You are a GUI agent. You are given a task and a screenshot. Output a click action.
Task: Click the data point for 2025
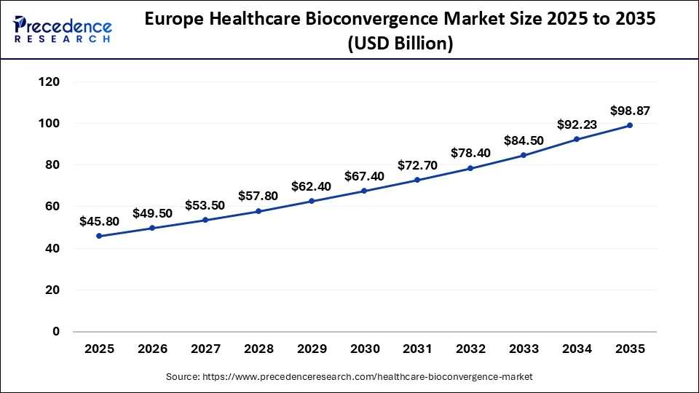pos(99,236)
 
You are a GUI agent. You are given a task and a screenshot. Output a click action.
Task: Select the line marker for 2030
pos(364,191)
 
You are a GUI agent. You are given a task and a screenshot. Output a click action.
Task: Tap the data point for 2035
pos(630,125)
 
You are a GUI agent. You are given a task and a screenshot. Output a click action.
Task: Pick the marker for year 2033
pos(524,155)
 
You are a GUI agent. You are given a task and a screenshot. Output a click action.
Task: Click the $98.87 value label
pos(630,111)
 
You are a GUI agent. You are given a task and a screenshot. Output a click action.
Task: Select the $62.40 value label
pos(311,186)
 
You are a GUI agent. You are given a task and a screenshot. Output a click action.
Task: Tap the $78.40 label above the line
pos(470,153)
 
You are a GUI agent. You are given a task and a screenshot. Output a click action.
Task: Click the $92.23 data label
pos(577,124)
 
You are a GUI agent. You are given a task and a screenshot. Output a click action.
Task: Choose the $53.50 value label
pos(205,205)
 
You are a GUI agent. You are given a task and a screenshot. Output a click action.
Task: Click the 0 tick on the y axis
pos(56,332)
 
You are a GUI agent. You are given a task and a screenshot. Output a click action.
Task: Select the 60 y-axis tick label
pos(51,207)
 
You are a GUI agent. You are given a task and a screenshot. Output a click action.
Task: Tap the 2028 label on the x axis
pos(258,349)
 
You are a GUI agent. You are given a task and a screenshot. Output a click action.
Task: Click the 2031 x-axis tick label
pos(417,349)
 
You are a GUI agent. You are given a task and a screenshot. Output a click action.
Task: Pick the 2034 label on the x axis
pos(577,349)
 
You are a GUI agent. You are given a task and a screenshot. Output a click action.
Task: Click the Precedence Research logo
pos(63,29)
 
